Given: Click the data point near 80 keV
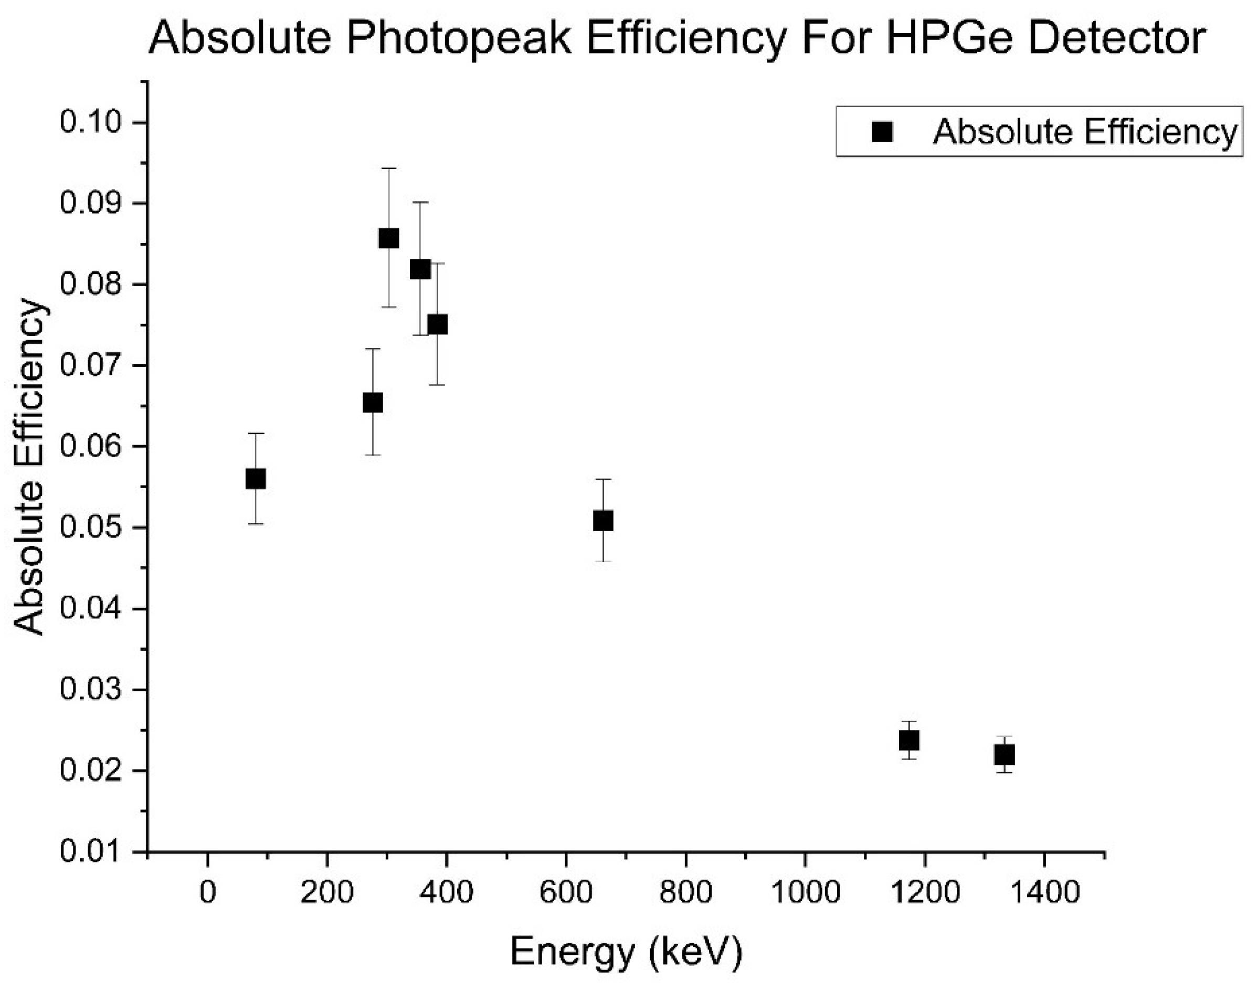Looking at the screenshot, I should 256,479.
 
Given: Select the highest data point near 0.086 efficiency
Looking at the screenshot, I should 388,238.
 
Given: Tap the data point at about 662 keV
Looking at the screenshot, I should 603,521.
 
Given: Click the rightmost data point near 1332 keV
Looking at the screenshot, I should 1005,755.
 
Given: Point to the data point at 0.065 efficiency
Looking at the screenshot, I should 372,402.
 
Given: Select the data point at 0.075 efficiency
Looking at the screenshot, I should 437,324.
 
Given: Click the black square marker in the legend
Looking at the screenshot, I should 882,132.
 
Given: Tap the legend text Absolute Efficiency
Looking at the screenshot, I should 1085,132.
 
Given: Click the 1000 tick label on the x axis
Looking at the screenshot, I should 805,892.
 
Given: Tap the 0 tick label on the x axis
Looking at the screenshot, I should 208,892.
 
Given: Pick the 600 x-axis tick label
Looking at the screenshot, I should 565,892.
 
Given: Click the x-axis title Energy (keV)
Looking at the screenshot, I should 626,953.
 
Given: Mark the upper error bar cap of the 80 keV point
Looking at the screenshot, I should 256,434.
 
